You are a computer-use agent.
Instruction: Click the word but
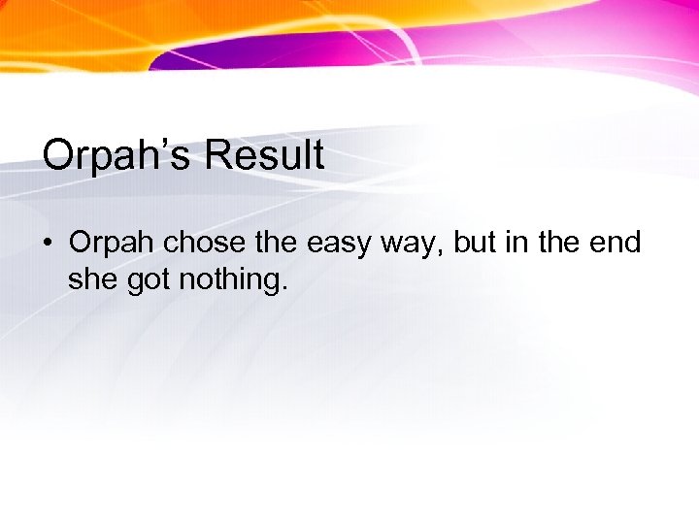[476, 243]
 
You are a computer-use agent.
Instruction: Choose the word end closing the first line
[615, 243]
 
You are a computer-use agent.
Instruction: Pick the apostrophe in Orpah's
[162, 144]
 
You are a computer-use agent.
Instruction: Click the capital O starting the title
[57, 155]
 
